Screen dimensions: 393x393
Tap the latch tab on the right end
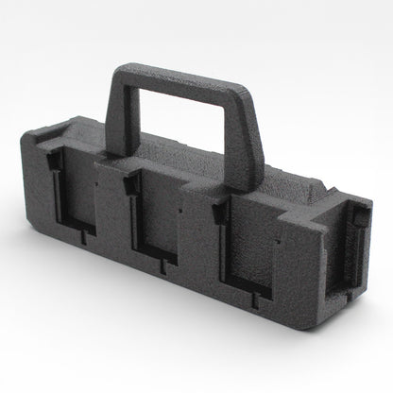(x=360, y=220)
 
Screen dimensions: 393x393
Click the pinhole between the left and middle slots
(x=97, y=180)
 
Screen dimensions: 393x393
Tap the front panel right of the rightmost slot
(x=302, y=274)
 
